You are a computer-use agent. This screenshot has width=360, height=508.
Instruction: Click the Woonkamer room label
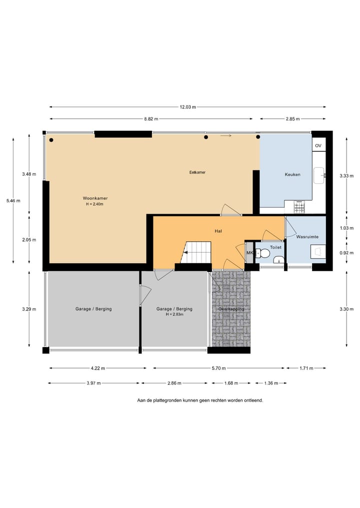coord(95,198)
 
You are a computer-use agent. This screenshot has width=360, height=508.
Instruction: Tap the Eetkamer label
coord(197,172)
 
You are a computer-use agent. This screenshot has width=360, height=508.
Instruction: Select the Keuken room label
coord(292,174)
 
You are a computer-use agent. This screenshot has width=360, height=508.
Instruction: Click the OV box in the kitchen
coord(318,145)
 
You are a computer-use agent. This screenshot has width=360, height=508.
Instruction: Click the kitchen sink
coord(319,175)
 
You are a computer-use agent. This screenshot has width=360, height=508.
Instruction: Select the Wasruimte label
coord(307,237)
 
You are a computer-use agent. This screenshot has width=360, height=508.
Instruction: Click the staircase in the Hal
coord(195,252)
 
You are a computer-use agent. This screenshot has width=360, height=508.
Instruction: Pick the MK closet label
coord(249,253)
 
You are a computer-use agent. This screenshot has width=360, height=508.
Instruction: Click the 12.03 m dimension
coord(188,107)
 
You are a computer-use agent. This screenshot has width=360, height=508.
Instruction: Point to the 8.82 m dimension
coord(151,119)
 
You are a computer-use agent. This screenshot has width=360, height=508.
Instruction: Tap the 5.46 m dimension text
coord(13,200)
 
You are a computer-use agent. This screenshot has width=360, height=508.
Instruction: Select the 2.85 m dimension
coord(292,119)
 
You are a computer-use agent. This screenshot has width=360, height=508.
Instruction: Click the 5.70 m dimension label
coord(218,368)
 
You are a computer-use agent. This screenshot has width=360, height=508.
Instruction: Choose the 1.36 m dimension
coord(271,383)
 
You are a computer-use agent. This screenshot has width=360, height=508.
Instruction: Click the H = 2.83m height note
coord(174,314)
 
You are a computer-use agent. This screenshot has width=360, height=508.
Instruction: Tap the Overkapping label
coord(231,309)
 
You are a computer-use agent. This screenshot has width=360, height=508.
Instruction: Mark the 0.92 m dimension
coord(346,253)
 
